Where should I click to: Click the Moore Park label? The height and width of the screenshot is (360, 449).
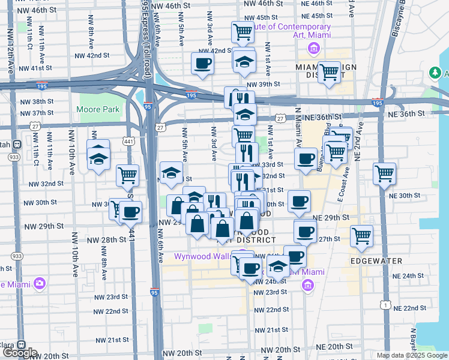[x=98, y=110]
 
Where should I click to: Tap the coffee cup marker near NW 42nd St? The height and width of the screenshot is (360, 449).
[x=202, y=64]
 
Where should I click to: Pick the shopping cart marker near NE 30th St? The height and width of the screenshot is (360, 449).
[x=384, y=174]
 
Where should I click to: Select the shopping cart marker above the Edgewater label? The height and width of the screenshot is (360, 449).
[x=361, y=236]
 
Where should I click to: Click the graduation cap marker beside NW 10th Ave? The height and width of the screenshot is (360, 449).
[x=98, y=158]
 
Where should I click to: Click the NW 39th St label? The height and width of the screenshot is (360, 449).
[x=263, y=85]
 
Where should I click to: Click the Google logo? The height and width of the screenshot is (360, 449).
[x=20, y=353]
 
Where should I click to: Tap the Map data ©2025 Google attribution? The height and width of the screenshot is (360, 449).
[x=411, y=355]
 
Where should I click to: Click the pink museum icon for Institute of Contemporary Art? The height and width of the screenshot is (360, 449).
[x=313, y=48]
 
